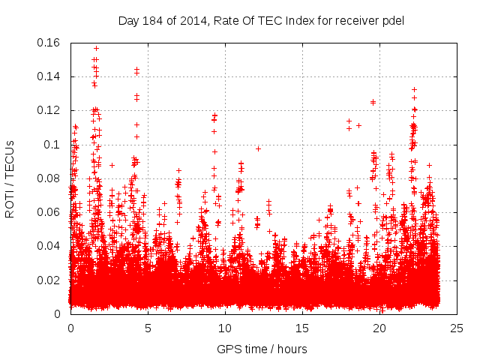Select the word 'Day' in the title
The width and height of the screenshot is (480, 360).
[128, 20]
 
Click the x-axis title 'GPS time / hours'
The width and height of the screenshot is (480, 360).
[262, 349]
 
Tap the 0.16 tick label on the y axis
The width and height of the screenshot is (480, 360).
[49, 43]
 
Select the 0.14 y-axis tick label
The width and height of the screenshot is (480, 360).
[49, 76]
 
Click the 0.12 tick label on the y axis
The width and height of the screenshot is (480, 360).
[49, 110]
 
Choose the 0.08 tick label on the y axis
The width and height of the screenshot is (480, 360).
[49, 178]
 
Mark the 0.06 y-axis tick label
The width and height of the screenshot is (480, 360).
[49, 212]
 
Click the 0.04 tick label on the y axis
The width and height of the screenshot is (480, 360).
[49, 246]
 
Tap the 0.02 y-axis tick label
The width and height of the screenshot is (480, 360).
[49, 280]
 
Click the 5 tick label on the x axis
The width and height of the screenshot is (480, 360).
[148, 328]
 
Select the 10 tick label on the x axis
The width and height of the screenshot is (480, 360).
[225, 328]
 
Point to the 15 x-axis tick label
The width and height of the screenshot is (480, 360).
[301, 328]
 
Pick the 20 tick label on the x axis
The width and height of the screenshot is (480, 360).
[379, 328]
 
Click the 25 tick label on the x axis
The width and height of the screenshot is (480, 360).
[456, 328]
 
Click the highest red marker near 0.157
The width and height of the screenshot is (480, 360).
[96, 48]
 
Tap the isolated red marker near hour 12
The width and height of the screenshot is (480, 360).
[258, 148]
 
